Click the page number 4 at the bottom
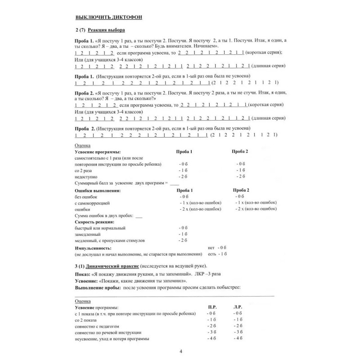(180, 351)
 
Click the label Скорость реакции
(94, 222)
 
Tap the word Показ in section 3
(81, 274)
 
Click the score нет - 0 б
(216, 247)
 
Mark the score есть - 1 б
(217, 254)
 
